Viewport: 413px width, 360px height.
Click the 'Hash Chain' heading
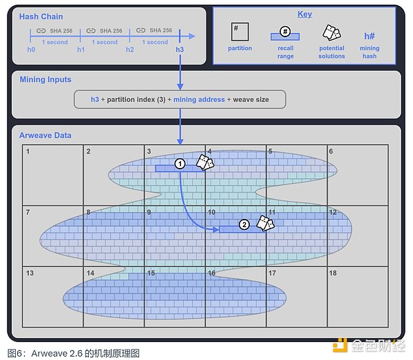pos(41,17)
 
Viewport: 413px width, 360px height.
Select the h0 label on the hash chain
pos(31,50)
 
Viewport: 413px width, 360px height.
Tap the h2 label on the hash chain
pos(130,50)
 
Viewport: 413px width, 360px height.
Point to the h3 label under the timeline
pos(180,50)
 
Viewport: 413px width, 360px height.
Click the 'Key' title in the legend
pos(305,14)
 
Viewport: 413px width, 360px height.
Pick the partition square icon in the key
pos(240,32)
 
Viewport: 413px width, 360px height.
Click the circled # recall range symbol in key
pos(285,32)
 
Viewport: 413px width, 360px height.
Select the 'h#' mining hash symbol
pos(369,36)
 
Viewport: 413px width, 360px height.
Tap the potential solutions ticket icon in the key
pos(332,33)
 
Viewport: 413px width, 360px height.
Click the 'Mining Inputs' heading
pos(45,80)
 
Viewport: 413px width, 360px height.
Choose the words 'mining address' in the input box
pos(199,100)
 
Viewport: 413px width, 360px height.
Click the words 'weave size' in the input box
pos(251,100)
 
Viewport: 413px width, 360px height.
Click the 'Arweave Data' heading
pos(45,136)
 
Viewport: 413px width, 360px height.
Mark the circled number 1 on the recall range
pos(180,164)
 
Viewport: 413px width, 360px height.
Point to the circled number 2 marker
pos(244,224)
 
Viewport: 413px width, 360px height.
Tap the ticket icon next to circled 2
pos(266,223)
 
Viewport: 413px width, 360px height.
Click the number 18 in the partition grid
pos(332,273)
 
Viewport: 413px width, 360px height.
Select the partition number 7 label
pos(28,212)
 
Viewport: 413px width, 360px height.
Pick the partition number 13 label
pos(30,273)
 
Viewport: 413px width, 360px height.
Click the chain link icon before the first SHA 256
pos(41,31)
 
